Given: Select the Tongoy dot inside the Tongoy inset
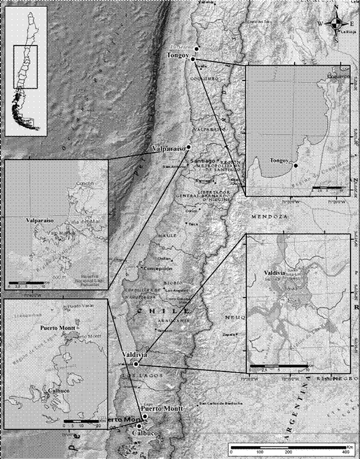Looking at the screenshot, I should pos(295,165).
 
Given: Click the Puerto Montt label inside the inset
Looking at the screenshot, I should pos(55,327).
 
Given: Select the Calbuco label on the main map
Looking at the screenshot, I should pos(144,434).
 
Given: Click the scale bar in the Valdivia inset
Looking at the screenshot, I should pos(276,360).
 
